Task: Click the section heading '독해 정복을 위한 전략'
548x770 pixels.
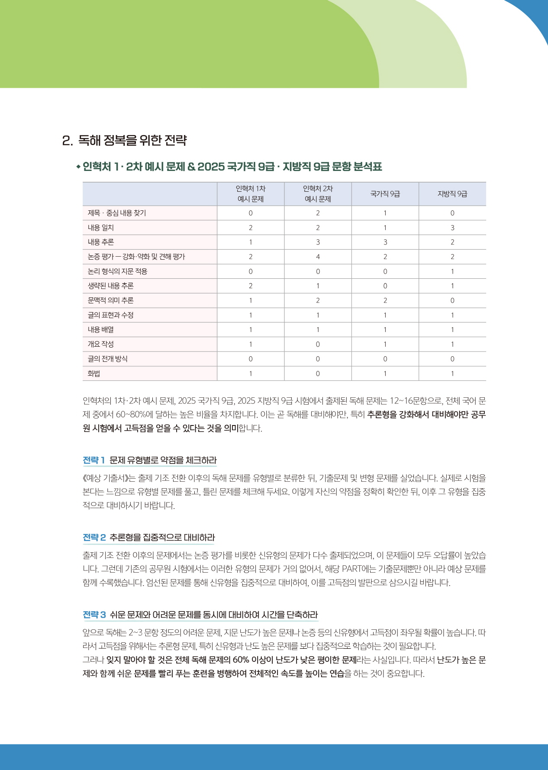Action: pyautogui.click(x=132, y=140)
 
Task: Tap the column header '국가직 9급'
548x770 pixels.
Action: pyautogui.click(x=385, y=194)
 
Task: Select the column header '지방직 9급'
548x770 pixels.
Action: pyautogui.click(x=452, y=194)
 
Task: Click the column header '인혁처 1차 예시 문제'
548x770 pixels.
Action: pyautogui.click(x=251, y=194)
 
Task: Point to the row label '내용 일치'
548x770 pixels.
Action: pyautogui.click(x=101, y=228)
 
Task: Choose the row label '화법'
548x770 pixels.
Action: pyautogui.click(x=94, y=374)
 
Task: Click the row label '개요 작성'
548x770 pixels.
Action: pyautogui.click(x=101, y=345)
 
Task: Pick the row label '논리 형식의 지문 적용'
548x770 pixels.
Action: pyautogui.click(x=117, y=271)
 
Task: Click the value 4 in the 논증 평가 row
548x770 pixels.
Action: pyautogui.click(x=318, y=257)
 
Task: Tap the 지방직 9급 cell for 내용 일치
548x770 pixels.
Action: pyautogui.click(x=452, y=228)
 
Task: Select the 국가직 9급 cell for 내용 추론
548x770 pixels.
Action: pyautogui.click(x=385, y=242)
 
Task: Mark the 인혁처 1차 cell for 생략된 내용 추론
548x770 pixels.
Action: pyautogui.click(x=251, y=286)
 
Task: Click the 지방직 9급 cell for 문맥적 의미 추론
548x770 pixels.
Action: pyautogui.click(x=452, y=300)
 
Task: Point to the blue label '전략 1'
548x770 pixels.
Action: pyautogui.click(x=94, y=460)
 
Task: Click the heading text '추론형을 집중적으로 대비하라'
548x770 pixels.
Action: pyautogui.click(x=162, y=538)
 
